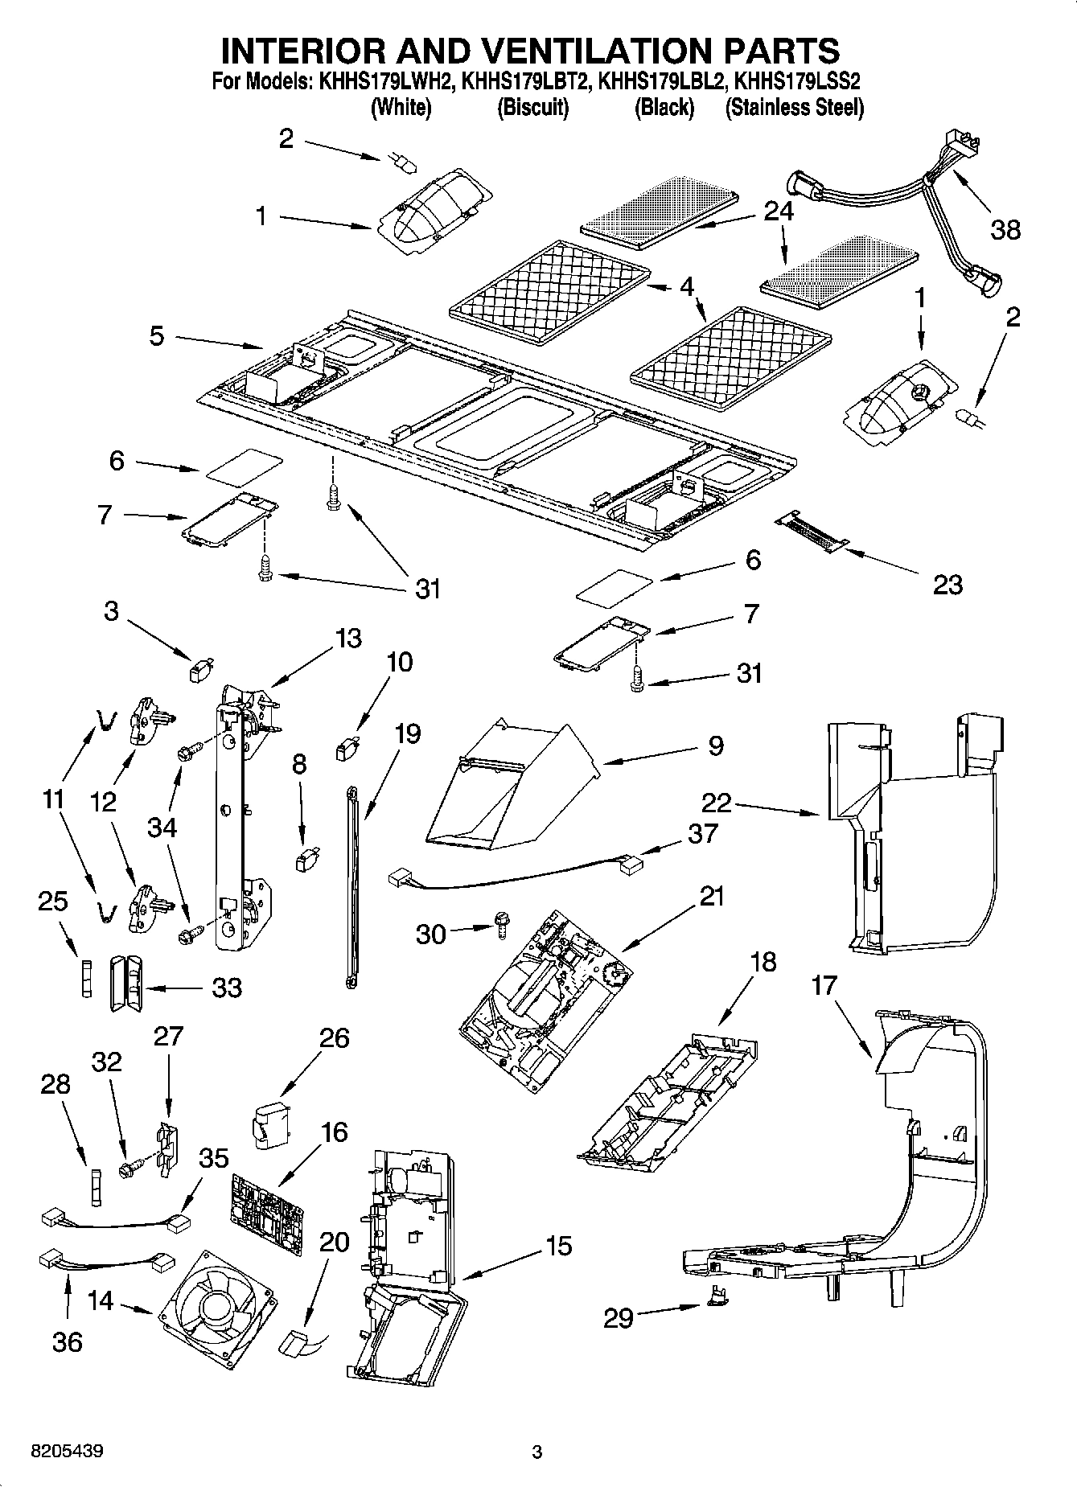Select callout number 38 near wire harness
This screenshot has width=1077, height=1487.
[1005, 230]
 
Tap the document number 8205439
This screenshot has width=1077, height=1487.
[66, 1452]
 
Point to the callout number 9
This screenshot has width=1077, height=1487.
[715, 745]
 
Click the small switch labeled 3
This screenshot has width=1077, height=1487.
[200, 668]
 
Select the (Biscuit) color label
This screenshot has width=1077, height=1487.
[532, 107]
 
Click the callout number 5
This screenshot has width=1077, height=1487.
[157, 335]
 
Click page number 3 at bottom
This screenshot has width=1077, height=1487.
[537, 1452]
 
